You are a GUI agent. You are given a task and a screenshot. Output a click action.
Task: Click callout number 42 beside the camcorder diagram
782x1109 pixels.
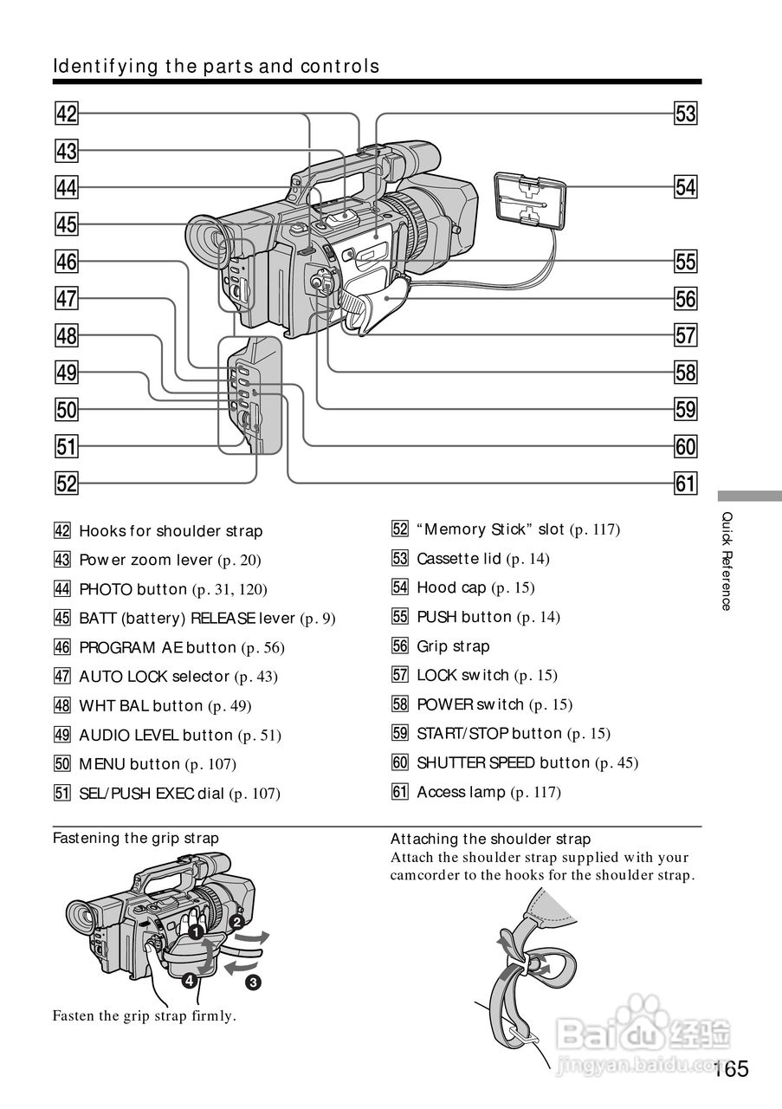click(x=66, y=113)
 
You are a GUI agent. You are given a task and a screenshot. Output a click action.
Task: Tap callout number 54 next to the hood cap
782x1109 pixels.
click(x=685, y=187)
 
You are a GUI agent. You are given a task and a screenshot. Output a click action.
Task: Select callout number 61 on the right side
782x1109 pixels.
click(x=685, y=483)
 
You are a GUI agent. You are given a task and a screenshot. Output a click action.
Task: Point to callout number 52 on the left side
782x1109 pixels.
click(x=66, y=483)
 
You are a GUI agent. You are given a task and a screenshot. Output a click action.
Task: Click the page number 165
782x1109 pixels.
click(x=731, y=1069)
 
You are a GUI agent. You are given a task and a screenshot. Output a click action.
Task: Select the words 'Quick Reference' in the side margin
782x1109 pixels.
click(x=727, y=561)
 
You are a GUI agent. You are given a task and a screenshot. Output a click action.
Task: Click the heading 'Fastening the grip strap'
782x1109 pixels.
click(x=136, y=838)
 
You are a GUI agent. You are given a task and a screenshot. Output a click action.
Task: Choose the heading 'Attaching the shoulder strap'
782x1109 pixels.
click(x=490, y=839)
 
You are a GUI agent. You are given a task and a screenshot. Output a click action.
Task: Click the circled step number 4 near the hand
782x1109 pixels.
click(x=188, y=982)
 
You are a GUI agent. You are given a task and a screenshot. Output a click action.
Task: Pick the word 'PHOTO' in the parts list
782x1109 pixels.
click(x=106, y=589)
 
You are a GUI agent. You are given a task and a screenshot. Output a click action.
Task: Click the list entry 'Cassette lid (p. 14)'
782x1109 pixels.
click(x=482, y=559)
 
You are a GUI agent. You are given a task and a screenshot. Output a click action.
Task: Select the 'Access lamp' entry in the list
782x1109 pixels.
click(x=488, y=792)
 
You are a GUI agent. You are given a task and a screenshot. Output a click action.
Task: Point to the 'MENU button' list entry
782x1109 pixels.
click(x=157, y=764)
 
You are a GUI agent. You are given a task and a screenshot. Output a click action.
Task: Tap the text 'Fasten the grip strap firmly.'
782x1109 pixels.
click(x=144, y=1015)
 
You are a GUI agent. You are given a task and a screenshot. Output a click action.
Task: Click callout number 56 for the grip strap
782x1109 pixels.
click(x=685, y=299)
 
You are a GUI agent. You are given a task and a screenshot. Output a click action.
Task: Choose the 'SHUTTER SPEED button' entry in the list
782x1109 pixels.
click(x=515, y=762)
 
